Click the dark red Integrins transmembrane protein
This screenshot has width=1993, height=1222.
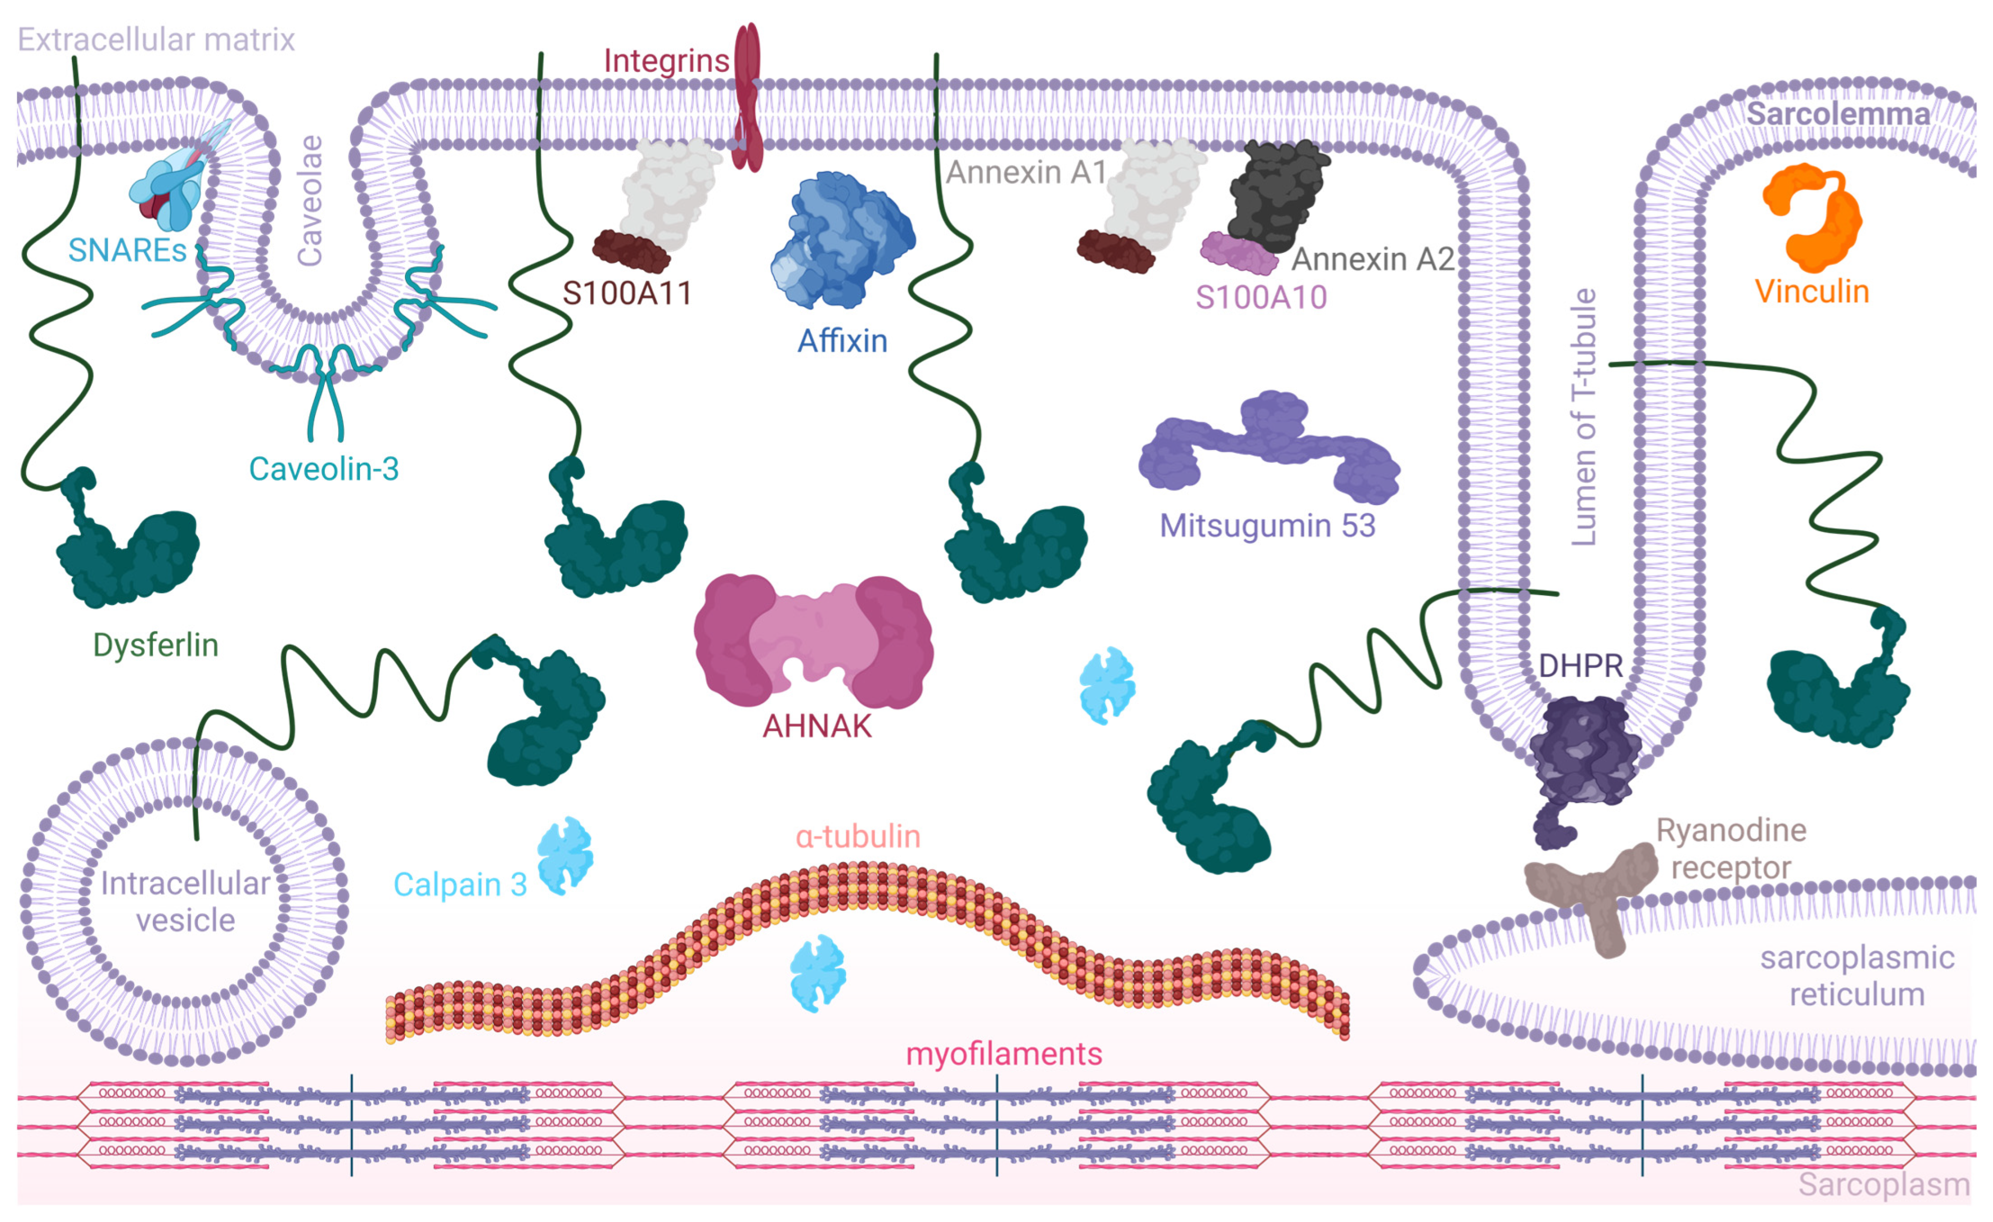point(747,97)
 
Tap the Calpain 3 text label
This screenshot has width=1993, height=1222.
point(459,884)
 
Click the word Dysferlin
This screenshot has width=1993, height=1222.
point(155,645)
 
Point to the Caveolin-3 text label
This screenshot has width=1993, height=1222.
point(323,468)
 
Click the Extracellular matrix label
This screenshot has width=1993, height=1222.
point(156,39)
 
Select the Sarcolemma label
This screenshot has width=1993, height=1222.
point(1838,114)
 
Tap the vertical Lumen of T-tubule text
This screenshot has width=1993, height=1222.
point(1583,417)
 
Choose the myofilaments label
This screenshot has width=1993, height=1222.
point(1003,1053)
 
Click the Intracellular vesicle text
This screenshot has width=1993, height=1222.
point(185,901)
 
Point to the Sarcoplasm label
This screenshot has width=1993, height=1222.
point(1883,1184)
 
